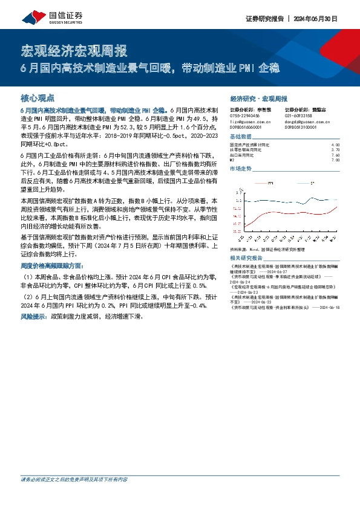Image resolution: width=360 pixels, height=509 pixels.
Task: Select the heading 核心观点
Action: tap(38, 97)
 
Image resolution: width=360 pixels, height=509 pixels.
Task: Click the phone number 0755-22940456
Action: tap(245, 115)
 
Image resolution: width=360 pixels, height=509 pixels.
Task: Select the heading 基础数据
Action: tap(240, 137)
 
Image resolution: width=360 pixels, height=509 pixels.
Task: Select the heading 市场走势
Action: tap(240, 170)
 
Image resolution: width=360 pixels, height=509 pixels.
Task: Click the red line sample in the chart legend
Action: tap(260, 182)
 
